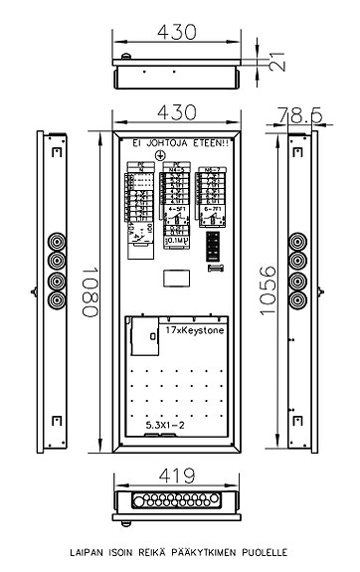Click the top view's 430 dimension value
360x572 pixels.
177,31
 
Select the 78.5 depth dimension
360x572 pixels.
301,115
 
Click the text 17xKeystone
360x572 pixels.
195,329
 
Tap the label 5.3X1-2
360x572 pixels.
165,425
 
